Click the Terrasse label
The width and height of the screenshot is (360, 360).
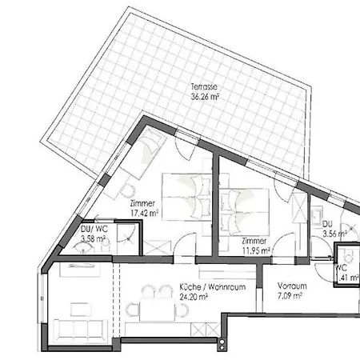pyautogui.click(x=205, y=86)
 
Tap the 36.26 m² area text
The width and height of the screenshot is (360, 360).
pyautogui.click(x=205, y=96)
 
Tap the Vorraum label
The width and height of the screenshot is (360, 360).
pyautogui.click(x=289, y=285)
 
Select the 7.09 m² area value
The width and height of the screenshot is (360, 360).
pyautogui.click(x=289, y=295)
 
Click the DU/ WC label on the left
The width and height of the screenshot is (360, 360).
pyautogui.click(x=94, y=229)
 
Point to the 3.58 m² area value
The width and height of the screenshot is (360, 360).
pyautogui.click(x=94, y=238)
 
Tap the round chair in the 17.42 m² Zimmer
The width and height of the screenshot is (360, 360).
pyautogui.click(x=126, y=191)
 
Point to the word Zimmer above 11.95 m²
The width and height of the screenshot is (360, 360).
pyautogui.click(x=253, y=241)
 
